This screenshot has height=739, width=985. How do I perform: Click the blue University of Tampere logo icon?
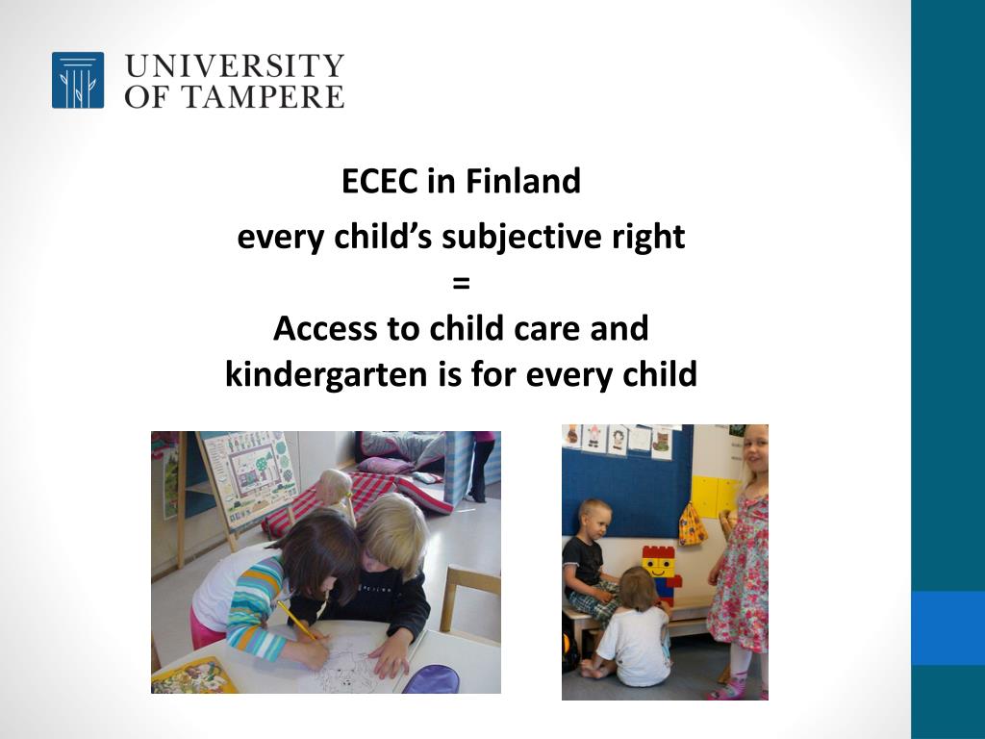coord(78,80)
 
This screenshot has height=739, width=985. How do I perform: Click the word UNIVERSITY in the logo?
coord(234,65)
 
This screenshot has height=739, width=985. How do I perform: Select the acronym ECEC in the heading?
coord(381,181)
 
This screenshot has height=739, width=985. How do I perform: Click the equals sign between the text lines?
coord(461,283)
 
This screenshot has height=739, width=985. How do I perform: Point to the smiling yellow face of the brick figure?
coord(659,566)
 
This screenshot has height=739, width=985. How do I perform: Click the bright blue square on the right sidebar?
coord(947,627)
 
